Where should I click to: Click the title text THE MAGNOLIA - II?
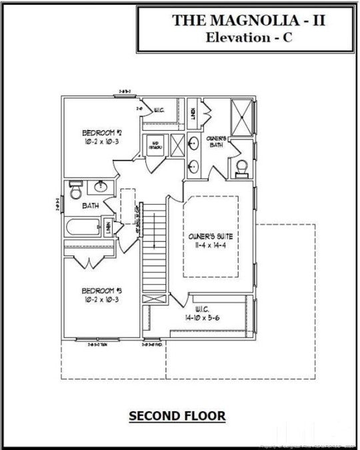[x=249, y=21]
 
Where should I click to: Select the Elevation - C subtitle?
[x=249, y=37]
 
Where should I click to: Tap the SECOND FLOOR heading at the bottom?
[x=177, y=416]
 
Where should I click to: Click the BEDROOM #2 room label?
[x=99, y=132]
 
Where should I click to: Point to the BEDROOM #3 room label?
[x=101, y=291]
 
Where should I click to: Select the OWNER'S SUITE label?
[x=211, y=237]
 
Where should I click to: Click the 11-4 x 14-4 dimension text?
[x=211, y=245]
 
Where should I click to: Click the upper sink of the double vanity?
[x=193, y=142]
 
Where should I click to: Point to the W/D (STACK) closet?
[x=155, y=145]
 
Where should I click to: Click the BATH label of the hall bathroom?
[x=91, y=206]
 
